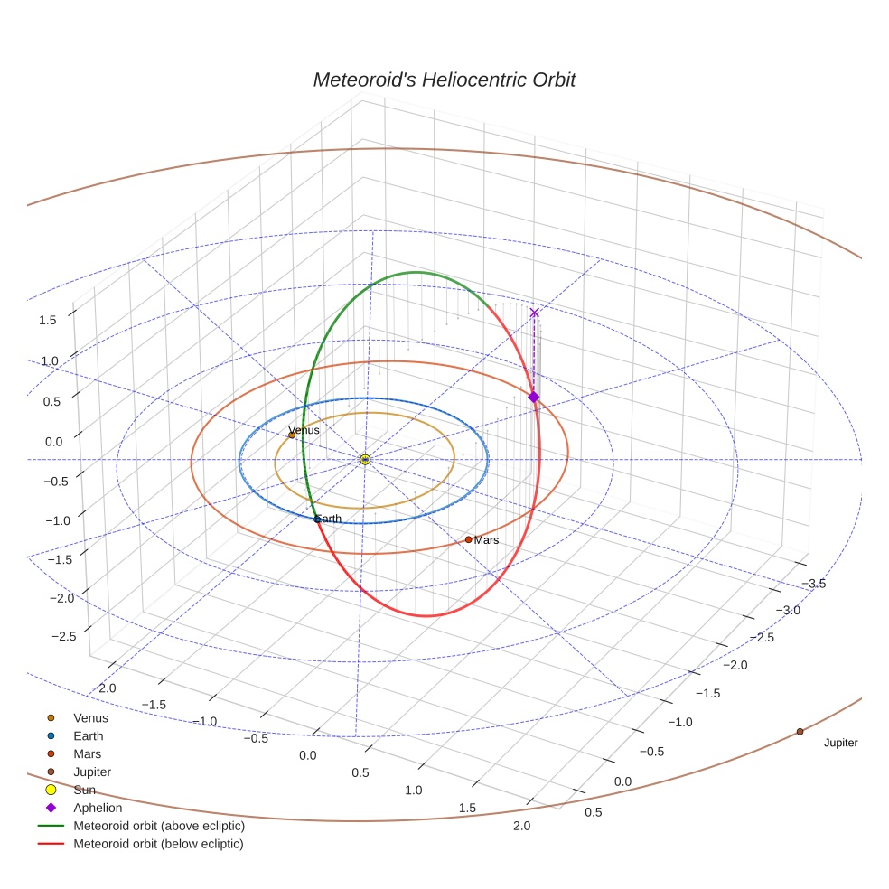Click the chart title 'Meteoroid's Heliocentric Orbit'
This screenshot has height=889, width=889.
tap(444, 80)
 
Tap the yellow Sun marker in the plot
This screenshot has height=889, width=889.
tap(365, 460)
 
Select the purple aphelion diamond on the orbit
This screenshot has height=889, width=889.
tap(533, 397)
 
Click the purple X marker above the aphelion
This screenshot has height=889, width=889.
tap(534, 313)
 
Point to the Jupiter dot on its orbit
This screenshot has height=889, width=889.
tap(800, 731)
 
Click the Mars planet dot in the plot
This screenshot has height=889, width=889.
tap(468, 539)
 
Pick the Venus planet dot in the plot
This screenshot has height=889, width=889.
tap(292, 435)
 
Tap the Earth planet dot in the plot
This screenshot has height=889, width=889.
tap(316, 519)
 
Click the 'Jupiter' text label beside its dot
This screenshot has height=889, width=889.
tap(840, 743)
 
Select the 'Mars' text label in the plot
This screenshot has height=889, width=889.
tap(486, 540)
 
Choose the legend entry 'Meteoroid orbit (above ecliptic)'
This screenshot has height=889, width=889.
tap(159, 826)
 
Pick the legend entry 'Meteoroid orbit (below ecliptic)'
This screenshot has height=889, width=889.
tap(159, 844)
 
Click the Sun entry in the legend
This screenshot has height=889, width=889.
tap(85, 790)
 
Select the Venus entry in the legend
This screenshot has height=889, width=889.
tap(90, 717)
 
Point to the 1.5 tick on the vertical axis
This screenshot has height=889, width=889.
tap(48, 320)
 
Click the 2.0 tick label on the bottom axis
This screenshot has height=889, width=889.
tap(520, 826)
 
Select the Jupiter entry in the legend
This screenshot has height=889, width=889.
tap(92, 772)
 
